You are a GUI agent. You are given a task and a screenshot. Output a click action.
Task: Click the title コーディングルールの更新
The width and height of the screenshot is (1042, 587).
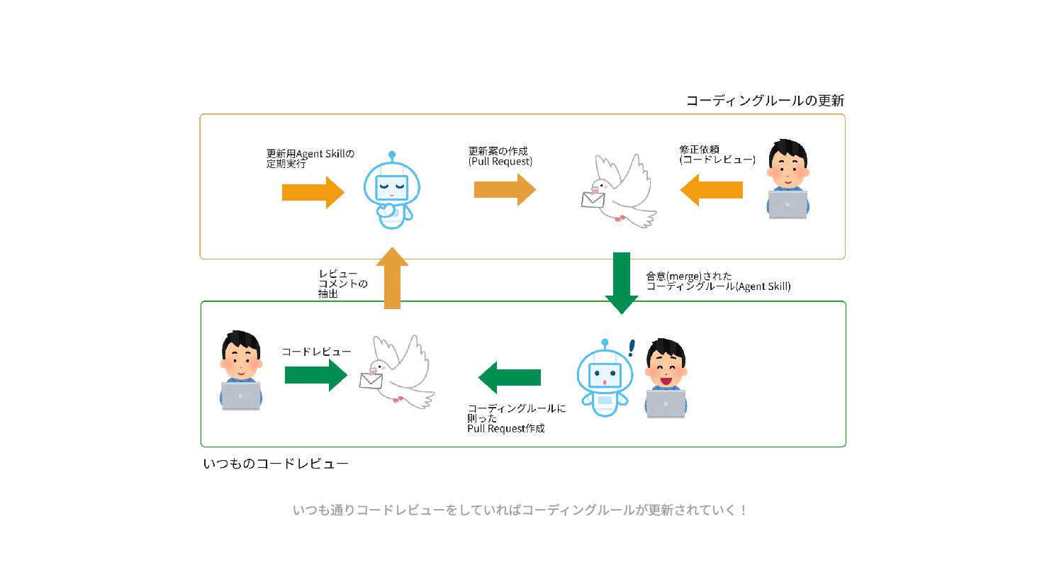pos(765,101)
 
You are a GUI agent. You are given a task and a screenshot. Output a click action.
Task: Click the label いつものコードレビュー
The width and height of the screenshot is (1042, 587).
pos(276,464)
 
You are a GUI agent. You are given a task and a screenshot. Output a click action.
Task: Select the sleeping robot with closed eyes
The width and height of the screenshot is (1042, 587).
pos(391,190)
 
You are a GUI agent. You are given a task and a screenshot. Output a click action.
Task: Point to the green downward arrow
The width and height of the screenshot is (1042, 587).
pos(622,281)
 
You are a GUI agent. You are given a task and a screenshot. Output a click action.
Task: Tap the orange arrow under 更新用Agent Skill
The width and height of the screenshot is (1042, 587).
pos(313,192)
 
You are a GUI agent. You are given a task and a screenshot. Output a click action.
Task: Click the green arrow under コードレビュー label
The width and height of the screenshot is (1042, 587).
pos(315,374)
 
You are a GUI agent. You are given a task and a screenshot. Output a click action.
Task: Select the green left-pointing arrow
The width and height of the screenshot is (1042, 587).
pos(510,377)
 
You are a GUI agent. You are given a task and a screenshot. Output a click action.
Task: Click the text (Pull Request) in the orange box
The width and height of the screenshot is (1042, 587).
pos(500,162)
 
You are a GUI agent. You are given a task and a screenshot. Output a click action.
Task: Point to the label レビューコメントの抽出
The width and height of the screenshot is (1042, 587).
pos(342,284)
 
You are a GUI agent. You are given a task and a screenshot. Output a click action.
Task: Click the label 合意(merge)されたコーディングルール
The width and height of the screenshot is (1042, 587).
pos(717,281)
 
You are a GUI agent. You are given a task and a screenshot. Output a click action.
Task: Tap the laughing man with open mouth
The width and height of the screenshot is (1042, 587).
pos(666,366)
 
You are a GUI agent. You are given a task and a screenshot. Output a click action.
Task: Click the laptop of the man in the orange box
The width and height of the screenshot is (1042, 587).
pos(788,204)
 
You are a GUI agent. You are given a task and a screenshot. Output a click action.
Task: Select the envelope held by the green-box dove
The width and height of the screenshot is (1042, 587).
pos(371,381)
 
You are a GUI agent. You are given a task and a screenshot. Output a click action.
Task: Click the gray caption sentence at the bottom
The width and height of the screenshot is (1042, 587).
pos(520,510)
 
